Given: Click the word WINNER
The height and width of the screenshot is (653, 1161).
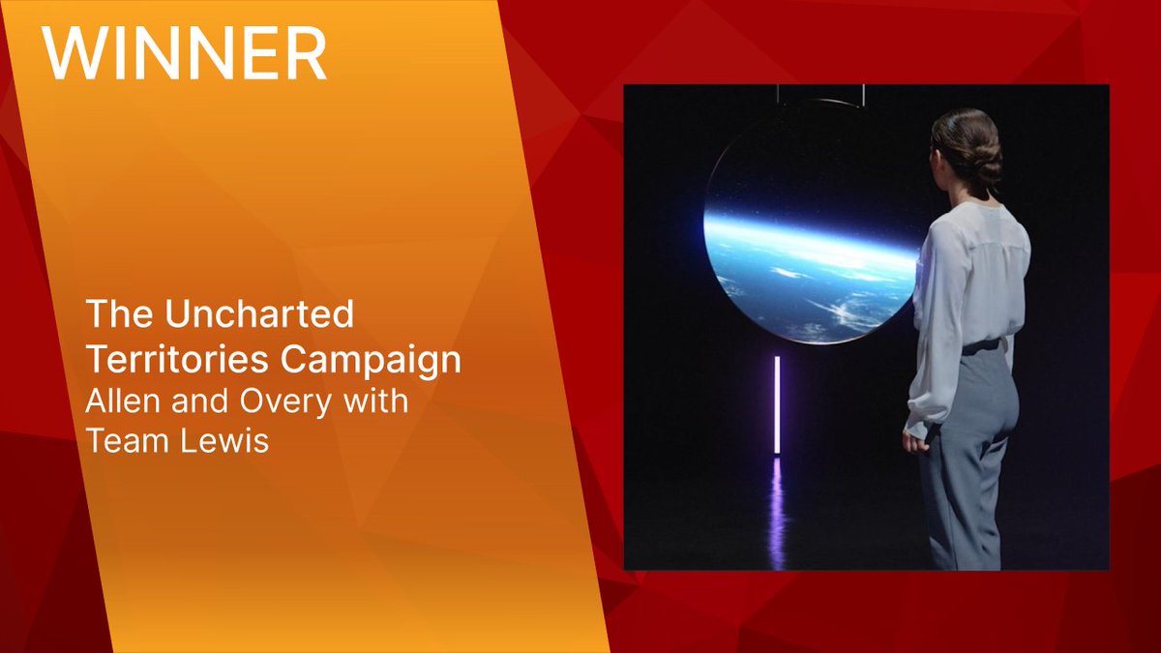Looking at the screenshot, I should [x=184, y=55].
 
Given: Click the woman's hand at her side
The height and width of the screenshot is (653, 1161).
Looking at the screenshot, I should [x=915, y=441].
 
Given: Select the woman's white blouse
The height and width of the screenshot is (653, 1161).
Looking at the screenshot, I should [x=967, y=281].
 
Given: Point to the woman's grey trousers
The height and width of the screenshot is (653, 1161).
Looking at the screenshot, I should [x=967, y=455].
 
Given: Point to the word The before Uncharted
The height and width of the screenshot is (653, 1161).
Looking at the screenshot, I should [x=113, y=313].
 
